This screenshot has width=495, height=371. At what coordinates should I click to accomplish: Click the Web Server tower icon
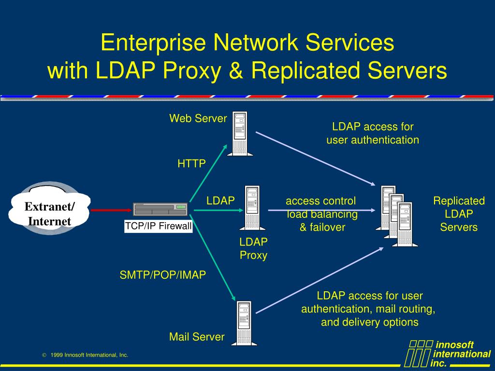[240, 133]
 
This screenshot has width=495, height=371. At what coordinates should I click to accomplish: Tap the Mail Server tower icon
[244, 323]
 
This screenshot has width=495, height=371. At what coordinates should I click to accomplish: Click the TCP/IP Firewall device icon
[160, 209]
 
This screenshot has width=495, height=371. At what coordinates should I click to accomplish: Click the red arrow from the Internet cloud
[111, 210]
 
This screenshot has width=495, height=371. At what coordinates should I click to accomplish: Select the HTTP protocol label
[191, 164]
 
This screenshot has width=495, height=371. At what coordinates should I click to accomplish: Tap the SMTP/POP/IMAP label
[163, 275]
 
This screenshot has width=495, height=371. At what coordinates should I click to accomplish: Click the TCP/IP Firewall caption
[159, 226]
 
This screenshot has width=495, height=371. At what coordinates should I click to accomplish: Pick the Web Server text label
[198, 118]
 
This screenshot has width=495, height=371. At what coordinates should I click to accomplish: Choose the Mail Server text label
[197, 337]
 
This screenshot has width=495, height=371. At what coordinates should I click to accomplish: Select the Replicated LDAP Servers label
[459, 214]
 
